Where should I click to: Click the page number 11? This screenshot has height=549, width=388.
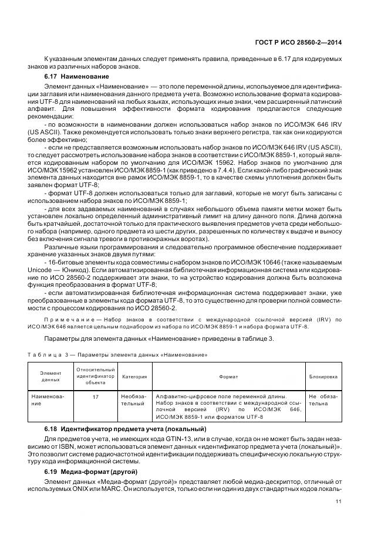(339, 501)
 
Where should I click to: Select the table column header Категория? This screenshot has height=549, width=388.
(134, 377)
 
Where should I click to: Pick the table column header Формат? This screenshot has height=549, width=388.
(228, 377)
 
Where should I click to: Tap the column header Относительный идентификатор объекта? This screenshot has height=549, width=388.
(95, 377)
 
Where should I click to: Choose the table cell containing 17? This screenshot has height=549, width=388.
(95, 396)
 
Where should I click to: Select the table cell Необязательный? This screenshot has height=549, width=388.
(134, 400)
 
